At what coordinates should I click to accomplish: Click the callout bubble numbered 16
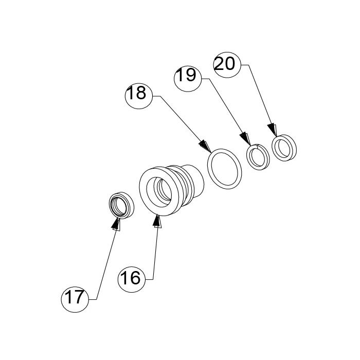[131, 279]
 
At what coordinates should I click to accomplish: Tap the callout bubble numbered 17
[75, 299]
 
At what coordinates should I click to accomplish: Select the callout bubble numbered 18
[139, 96]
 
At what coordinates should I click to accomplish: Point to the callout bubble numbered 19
[188, 79]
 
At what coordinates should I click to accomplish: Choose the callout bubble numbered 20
[227, 64]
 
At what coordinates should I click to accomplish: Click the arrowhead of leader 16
[157, 221]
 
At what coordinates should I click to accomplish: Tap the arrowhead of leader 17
[116, 224]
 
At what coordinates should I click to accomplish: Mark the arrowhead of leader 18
[205, 147]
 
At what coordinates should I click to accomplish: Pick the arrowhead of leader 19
[245, 139]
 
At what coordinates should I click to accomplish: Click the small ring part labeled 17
[121, 205]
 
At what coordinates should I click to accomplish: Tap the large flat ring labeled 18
[225, 169]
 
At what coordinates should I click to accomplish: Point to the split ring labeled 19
[258, 157]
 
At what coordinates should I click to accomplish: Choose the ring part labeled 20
[284, 148]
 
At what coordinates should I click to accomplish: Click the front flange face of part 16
[159, 192]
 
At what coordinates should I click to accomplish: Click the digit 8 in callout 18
[141, 93]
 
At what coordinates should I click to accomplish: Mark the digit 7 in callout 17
[78, 297]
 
